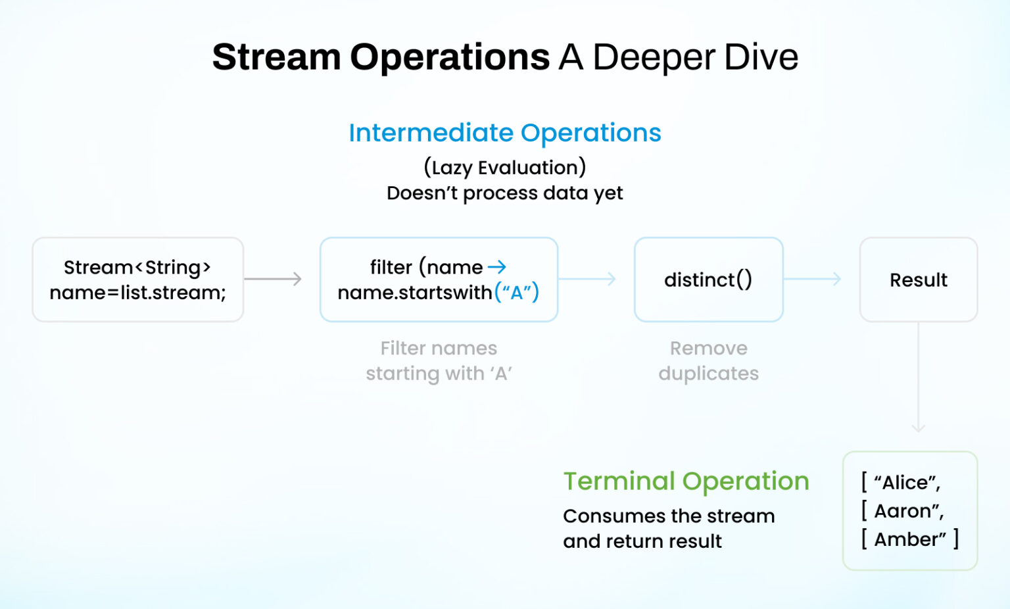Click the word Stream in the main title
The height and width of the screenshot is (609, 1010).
click(276, 57)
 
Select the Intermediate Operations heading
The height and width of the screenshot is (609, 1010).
click(504, 133)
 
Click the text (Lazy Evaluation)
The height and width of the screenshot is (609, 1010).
click(504, 168)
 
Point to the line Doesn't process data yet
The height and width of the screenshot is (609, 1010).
click(504, 193)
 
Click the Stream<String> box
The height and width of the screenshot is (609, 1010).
click(138, 280)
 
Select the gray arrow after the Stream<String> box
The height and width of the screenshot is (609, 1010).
click(273, 279)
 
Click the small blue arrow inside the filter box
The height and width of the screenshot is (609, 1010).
click(497, 267)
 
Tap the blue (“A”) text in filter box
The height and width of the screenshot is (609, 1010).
click(517, 292)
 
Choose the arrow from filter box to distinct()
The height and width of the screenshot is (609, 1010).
click(587, 279)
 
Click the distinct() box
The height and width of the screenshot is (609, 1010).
click(708, 280)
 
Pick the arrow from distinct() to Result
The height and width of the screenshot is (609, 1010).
click(813, 279)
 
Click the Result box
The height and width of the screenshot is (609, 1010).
click(918, 280)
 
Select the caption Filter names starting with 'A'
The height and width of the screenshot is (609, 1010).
click(439, 360)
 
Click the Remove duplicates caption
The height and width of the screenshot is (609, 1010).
click(708, 360)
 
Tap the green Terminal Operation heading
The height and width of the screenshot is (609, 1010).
click(686, 481)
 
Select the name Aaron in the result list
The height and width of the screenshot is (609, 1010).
click(902, 511)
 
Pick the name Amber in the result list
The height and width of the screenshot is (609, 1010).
click(905, 539)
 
